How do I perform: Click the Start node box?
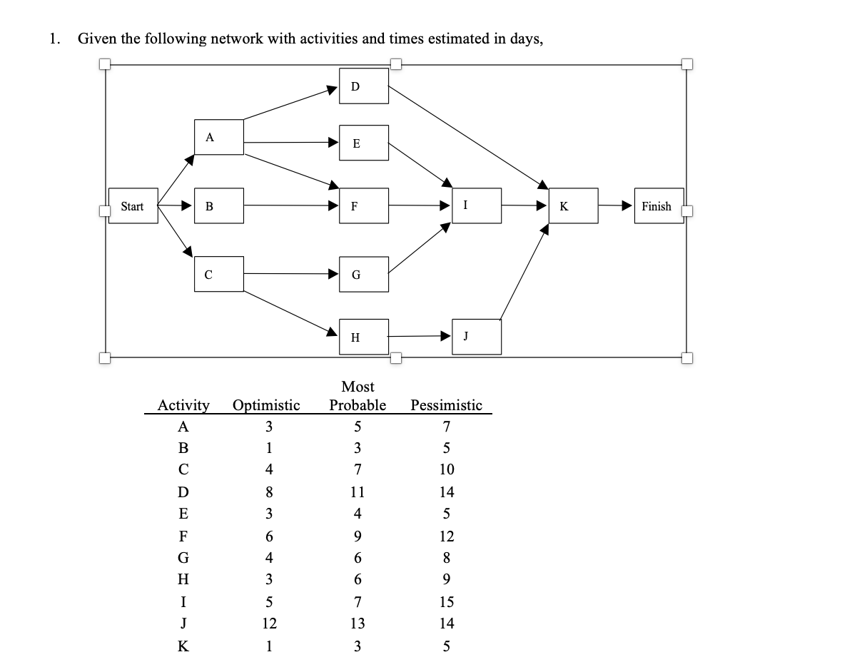[133, 206]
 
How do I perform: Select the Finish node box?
[658, 206]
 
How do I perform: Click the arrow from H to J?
[421, 336]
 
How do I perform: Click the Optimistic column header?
[266, 405]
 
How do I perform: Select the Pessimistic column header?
[447, 405]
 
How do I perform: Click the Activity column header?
[183, 405]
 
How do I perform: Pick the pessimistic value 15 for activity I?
[447, 601]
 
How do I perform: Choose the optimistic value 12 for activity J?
[269, 623]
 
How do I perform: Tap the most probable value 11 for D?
[357, 492]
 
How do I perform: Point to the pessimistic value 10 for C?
[447, 470]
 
